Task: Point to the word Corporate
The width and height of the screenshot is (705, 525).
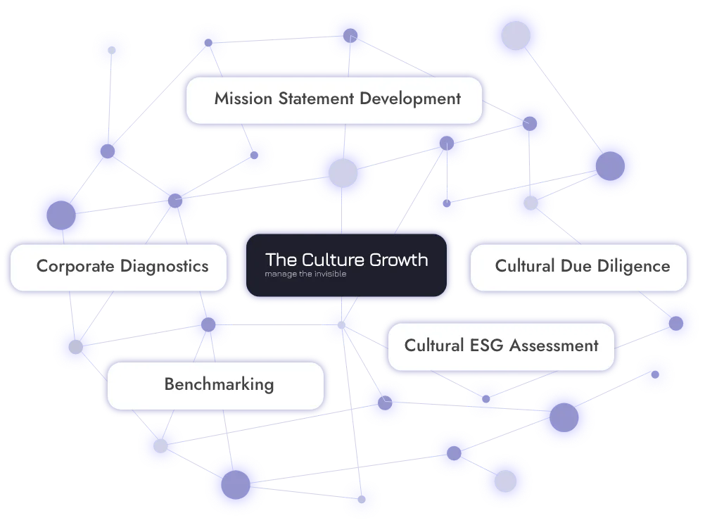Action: tap(75, 266)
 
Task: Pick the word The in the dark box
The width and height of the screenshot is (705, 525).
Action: tap(278, 260)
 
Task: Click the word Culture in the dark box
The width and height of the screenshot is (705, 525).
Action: tap(329, 260)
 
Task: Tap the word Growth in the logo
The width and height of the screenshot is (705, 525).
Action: tap(399, 260)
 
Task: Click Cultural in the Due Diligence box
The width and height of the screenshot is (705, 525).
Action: tap(525, 266)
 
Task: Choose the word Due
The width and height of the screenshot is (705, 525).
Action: tap(576, 266)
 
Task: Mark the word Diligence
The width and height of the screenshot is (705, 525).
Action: tap(635, 266)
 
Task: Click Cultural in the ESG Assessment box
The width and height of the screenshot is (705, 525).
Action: tap(434, 346)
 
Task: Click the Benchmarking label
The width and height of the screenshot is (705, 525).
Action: tap(219, 384)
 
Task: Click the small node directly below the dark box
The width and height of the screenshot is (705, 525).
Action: tap(341, 325)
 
